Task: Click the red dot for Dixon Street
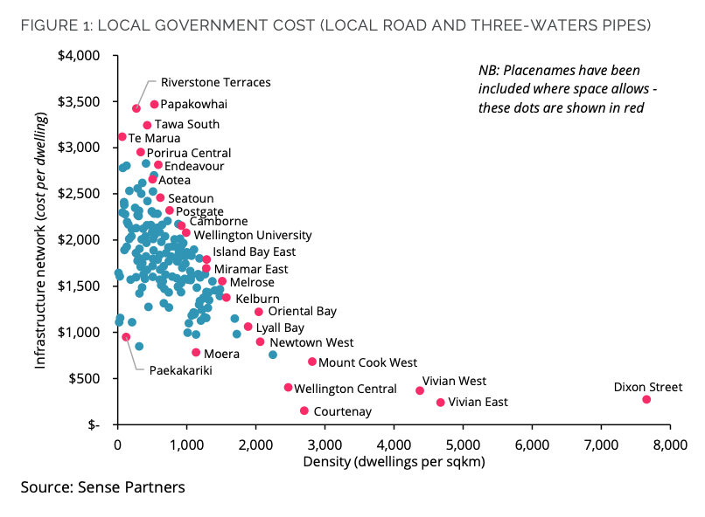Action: point(646,399)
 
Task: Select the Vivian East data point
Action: point(441,403)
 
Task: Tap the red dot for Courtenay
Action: point(304,410)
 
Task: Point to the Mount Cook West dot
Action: point(312,362)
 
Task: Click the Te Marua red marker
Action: point(122,136)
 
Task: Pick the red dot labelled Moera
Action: point(196,352)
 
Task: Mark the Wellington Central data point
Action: point(288,387)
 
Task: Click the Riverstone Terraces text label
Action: point(216,83)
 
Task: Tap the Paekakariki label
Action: point(181,370)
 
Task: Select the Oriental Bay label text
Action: point(302,312)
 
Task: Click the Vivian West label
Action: point(454,381)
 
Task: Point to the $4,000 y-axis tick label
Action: point(79,56)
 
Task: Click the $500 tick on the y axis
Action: point(84,379)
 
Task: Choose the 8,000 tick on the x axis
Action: point(670,445)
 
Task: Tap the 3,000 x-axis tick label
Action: point(325,445)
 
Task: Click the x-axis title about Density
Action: point(394,462)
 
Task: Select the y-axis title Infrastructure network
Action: point(40,240)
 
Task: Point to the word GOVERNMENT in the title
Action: point(234,25)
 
